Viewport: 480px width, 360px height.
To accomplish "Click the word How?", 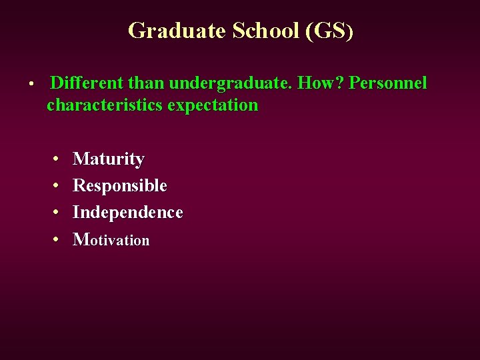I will (x=320, y=83).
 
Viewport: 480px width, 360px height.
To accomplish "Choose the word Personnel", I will (x=388, y=83).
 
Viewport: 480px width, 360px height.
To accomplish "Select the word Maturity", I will (x=108, y=159).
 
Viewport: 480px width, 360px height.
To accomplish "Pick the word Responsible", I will (x=119, y=186).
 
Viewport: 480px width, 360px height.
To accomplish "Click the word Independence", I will (x=127, y=212).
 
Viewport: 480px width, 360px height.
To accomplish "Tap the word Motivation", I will (x=111, y=239).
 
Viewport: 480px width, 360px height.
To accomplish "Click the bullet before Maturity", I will (x=57, y=160).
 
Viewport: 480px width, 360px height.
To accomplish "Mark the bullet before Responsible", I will (x=57, y=187).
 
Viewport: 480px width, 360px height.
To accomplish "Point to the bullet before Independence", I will (x=57, y=213).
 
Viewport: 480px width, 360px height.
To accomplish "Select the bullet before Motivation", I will (x=57, y=239).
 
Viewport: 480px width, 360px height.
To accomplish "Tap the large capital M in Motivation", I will (x=80, y=239).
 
